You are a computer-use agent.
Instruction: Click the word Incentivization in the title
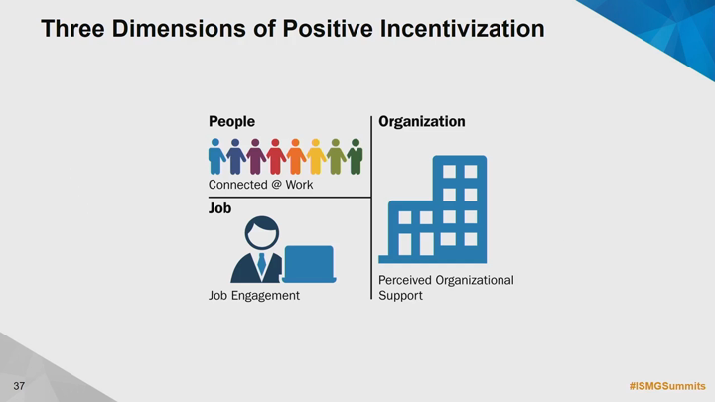tap(462, 28)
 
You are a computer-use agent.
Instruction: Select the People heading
tap(231, 122)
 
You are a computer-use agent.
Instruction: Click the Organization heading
tap(422, 122)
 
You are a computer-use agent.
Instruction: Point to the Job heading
tap(219, 208)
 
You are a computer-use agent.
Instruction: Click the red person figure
tap(275, 157)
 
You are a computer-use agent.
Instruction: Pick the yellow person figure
tap(316, 157)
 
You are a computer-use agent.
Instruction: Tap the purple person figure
tap(255, 157)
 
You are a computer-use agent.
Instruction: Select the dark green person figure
tap(356, 157)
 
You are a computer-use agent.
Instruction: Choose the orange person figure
tap(296, 157)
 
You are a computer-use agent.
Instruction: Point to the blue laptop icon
tap(309, 264)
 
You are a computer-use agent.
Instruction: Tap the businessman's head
tap(262, 233)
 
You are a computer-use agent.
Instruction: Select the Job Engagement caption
tap(254, 296)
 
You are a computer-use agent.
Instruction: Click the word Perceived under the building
tap(405, 280)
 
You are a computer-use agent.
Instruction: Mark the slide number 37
tap(19, 386)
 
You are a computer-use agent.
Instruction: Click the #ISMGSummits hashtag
tap(667, 386)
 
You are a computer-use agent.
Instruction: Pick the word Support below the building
tap(400, 296)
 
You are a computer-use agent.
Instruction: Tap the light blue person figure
tap(216, 157)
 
